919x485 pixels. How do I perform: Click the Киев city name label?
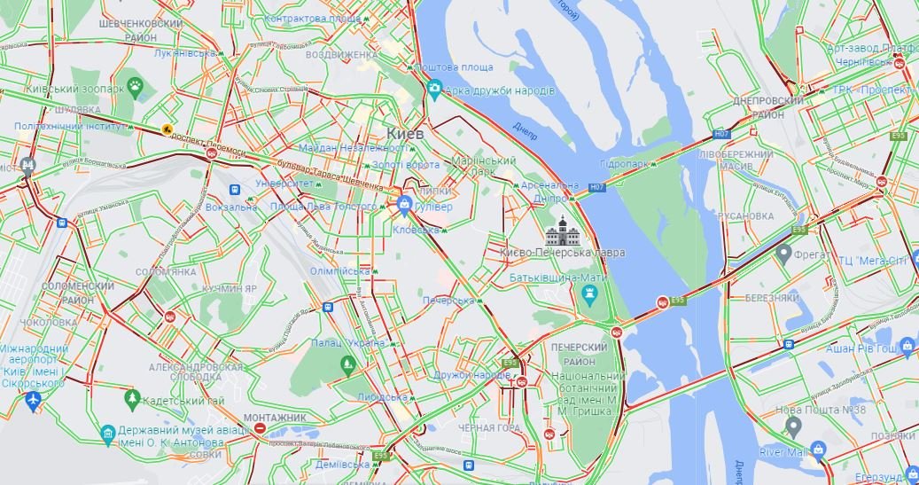405,133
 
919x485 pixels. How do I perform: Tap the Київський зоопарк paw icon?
135,86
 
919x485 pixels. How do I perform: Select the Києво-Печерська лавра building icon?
562,231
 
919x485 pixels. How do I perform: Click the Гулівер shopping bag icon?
405,206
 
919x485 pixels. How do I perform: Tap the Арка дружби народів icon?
434,90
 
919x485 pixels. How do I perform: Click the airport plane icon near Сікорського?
33,401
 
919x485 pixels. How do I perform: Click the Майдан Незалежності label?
353,147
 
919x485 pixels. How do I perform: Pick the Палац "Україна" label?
347,343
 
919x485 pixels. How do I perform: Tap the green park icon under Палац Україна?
347,364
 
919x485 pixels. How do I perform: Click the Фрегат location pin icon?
783,254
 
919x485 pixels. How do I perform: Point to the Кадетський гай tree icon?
133,399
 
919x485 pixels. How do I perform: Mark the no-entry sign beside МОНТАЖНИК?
261,429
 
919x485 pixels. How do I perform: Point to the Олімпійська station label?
340,270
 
